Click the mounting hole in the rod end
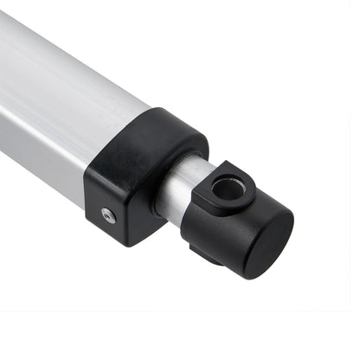[x=228, y=187]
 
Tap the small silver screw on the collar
[x=108, y=215]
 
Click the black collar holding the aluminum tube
[x=143, y=177]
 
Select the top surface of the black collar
[x=164, y=130]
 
